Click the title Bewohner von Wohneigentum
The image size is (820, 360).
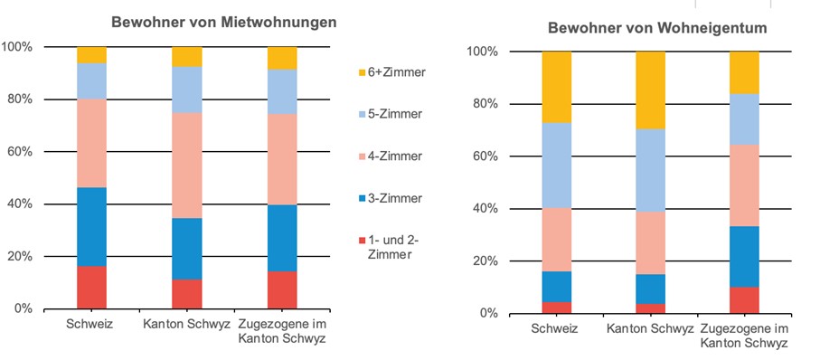[x=657, y=28]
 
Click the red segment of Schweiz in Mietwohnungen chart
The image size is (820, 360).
[x=91, y=287]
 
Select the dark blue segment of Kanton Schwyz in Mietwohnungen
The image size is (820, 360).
[x=187, y=249]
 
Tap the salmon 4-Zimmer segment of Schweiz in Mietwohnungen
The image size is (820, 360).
[x=91, y=143]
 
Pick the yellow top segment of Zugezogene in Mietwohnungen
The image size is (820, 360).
[x=282, y=58]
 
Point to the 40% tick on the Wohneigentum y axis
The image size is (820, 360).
[x=483, y=209]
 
